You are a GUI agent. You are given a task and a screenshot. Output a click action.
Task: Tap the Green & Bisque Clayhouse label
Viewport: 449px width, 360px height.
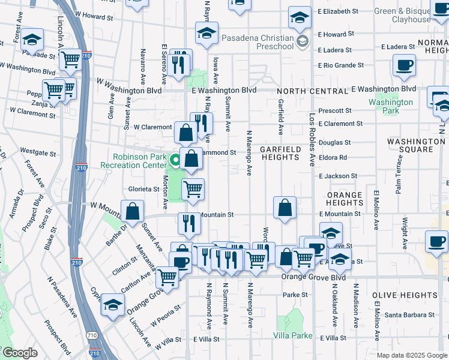tap(402, 15)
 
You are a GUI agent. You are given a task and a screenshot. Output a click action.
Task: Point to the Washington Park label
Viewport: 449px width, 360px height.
tap(391, 106)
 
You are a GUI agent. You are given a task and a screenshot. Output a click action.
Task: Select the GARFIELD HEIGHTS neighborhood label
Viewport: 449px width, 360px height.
tap(280, 152)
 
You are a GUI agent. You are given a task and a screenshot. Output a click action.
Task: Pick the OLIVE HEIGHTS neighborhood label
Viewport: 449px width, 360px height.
tap(404, 295)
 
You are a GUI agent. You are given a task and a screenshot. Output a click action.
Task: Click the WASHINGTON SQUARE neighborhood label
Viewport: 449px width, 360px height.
tap(416, 146)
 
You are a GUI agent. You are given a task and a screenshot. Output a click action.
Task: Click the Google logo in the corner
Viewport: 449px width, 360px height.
tap(19, 353)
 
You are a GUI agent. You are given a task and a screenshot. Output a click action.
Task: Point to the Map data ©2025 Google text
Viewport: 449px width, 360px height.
tap(412, 355)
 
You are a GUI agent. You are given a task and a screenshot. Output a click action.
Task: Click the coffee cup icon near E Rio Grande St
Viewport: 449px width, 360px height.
tap(404, 65)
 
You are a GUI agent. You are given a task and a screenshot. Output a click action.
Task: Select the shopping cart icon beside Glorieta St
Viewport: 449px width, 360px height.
tap(193, 189)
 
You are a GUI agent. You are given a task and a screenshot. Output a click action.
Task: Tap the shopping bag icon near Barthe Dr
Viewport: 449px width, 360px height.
tap(132, 211)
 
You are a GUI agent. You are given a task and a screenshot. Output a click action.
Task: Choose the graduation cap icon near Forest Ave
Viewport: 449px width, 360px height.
tap(32, 40)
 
